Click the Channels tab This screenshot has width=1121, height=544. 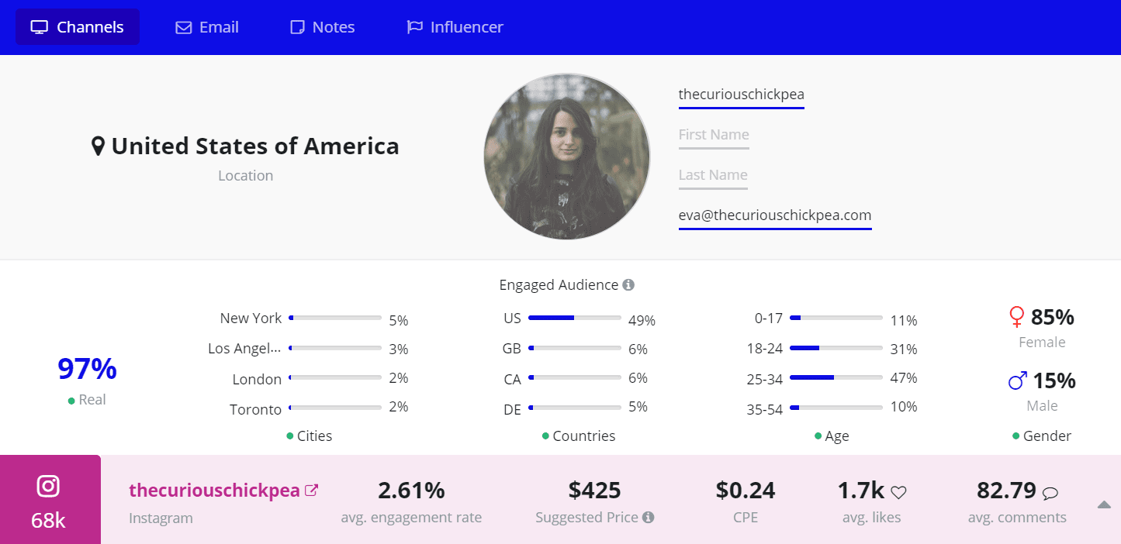[77, 27]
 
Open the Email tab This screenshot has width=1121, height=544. [207, 27]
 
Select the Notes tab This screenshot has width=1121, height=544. [322, 27]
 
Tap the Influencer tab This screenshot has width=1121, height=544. [455, 27]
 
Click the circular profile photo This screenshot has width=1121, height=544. [567, 157]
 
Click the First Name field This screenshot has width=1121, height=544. [714, 135]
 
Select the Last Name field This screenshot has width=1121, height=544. [713, 175]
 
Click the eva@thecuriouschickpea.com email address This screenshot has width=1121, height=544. [775, 215]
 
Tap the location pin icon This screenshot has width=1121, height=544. [98, 146]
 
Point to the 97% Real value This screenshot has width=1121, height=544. [87, 370]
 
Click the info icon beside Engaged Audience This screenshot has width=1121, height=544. [628, 285]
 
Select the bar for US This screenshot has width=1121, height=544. [574, 318]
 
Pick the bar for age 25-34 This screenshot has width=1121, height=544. [836, 377]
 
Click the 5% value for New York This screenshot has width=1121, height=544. [399, 320]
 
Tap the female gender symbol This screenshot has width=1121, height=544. [1016, 317]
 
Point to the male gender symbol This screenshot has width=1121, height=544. [1018, 380]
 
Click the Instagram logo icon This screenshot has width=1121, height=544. [48, 486]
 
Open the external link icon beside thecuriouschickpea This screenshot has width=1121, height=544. [311, 490]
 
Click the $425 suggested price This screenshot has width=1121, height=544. [594, 491]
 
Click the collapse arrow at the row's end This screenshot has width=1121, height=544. [1104, 504]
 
